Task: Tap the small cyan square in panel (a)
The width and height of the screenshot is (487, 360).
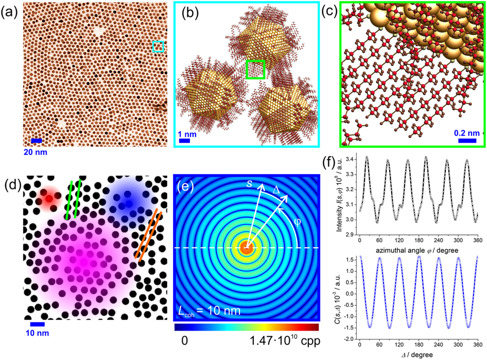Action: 159,47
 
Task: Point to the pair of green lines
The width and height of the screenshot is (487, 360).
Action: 75,198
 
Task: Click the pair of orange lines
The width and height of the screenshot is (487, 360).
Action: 146,234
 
